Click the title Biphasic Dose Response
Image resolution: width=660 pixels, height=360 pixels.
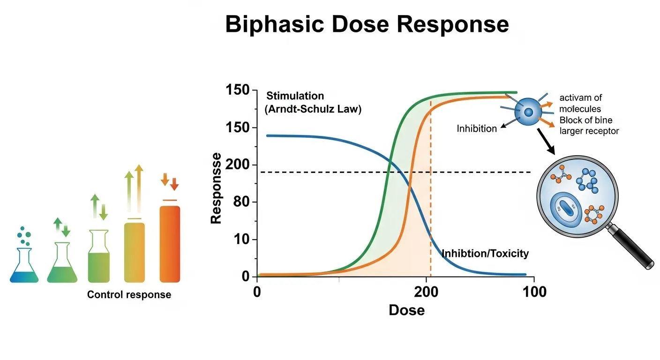click(367, 24)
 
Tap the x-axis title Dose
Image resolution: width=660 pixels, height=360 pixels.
click(406, 310)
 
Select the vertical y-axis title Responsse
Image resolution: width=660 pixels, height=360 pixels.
click(216, 187)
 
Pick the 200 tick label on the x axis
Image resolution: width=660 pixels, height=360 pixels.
click(426, 292)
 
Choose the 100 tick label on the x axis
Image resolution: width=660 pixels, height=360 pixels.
click(533, 292)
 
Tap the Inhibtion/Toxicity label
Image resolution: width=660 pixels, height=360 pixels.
click(485, 254)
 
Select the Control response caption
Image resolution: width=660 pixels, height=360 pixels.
click(129, 295)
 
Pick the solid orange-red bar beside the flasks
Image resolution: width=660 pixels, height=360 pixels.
click(170, 244)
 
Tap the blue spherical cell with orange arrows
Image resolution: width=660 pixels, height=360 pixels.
click(528, 112)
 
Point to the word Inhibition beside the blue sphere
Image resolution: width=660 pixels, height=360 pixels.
click(477, 128)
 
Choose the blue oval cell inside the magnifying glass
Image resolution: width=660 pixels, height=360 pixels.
click(566, 207)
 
